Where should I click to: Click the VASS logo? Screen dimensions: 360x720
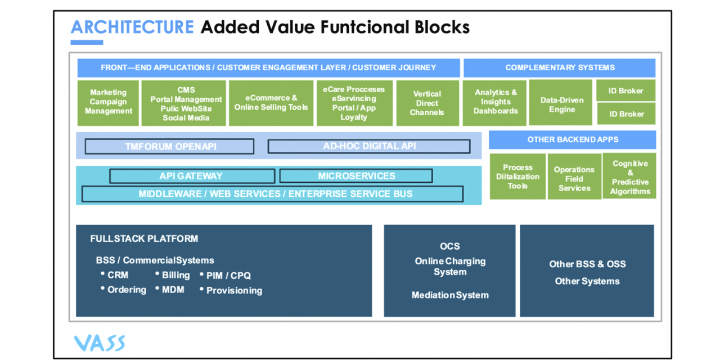point(100,343)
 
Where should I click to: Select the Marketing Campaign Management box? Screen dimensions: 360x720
point(109,102)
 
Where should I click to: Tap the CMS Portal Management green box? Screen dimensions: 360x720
point(184,103)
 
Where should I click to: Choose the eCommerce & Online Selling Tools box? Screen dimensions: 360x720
point(271,102)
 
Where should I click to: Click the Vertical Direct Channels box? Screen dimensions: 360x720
point(427,103)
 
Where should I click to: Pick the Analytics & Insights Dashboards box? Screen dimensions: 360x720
point(496,102)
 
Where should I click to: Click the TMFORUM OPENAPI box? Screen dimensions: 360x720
point(170,146)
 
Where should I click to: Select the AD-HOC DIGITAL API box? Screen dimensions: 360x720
point(369,146)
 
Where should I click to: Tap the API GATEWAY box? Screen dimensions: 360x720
point(192,176)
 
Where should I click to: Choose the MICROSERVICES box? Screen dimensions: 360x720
point(356,176)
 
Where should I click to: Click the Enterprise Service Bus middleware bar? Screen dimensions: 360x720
point(273,194)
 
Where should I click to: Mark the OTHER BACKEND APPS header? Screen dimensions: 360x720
point(572,139)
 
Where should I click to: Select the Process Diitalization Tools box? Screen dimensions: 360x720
point(517,177)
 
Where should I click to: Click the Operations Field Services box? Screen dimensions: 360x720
point(574,178)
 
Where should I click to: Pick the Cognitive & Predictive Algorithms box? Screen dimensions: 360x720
point(630,177)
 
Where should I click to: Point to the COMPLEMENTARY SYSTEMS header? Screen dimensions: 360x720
point(560,67)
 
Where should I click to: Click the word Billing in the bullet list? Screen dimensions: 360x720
point(175,275)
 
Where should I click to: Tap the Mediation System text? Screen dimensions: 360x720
point(450,295)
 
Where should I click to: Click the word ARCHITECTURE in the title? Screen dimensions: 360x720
point(132,27)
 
